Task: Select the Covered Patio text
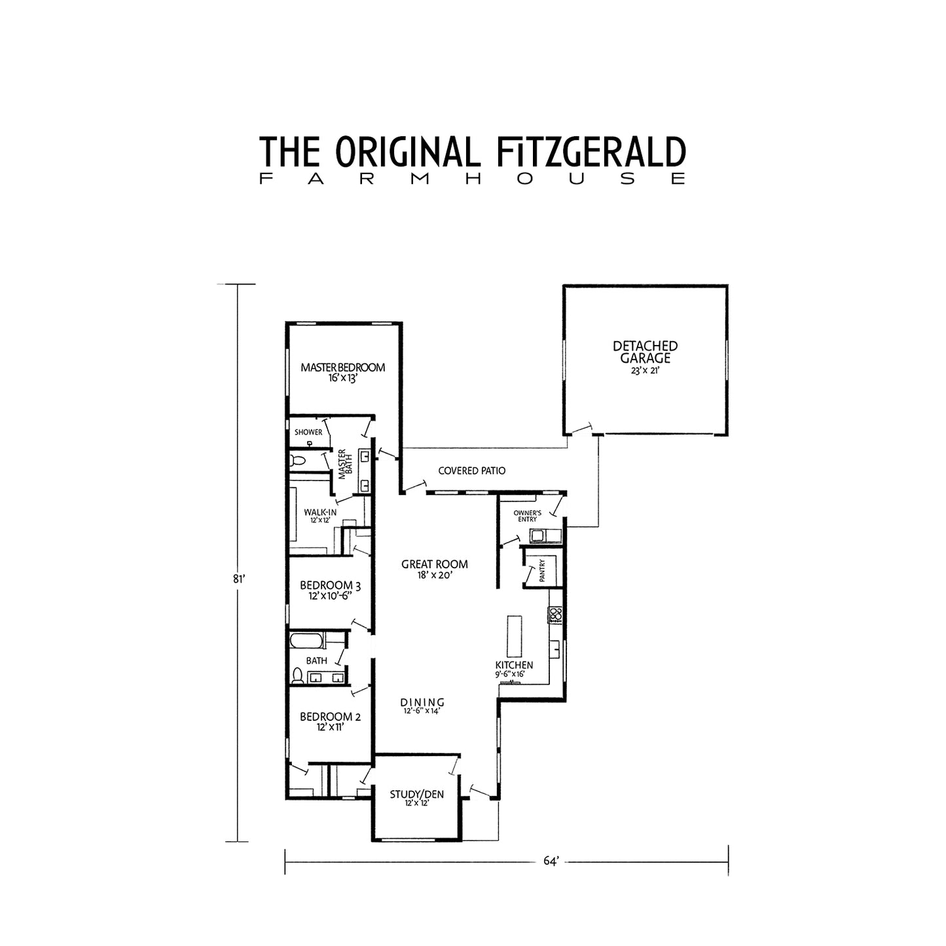pyautogui.click(x=472, y=471)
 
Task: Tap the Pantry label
pyautogui.click(x=542, y=570)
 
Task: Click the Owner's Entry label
pyautogui.click(x=527, y=516)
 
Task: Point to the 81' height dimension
pyautogui.click(x=238, y=579)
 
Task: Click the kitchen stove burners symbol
pyautogui.click(x=555, y=615)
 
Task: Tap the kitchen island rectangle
pyautogui.click(x=515, y=636)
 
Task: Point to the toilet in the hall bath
pyautogui.click(x=297, y=676)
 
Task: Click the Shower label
pyautogui.click(x=308, y=432)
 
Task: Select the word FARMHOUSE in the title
pyautogui.click(x=472, y=178)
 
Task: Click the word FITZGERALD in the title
pyautogui.click(x=591, y=151)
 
